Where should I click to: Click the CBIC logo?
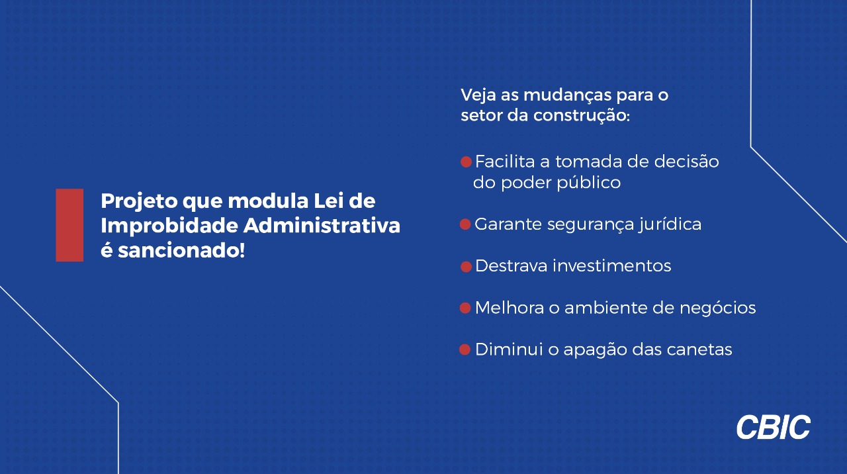[x=774, y=427]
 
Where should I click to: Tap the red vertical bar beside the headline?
[x=69, y=225]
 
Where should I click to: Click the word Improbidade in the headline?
[x=169, y=226]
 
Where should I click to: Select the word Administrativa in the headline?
[x=322, y=226]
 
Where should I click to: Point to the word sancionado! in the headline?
[x=181, y=250]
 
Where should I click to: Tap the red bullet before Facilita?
[x=467, y=162]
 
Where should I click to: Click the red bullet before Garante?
[x=465, y=224]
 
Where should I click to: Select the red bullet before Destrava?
[x=467, y=267]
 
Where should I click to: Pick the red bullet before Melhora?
[x=465, y=308]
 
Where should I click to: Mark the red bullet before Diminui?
[x=465, y=350]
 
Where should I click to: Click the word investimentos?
[x=612, y=265]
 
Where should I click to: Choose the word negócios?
[x=718, y=308]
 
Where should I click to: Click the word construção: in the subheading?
[x=582, y=116]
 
